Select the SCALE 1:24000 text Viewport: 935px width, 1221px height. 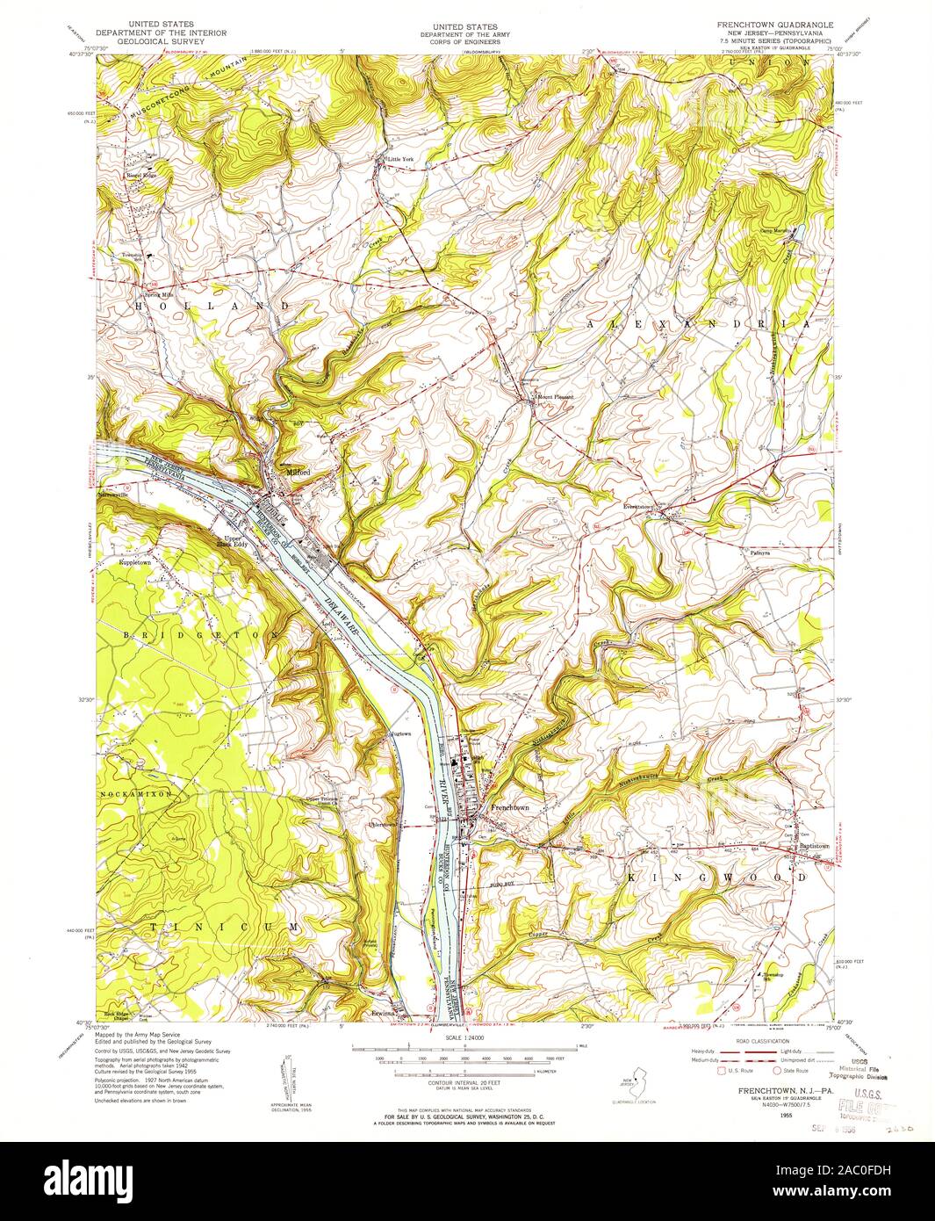click(466, 1037)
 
